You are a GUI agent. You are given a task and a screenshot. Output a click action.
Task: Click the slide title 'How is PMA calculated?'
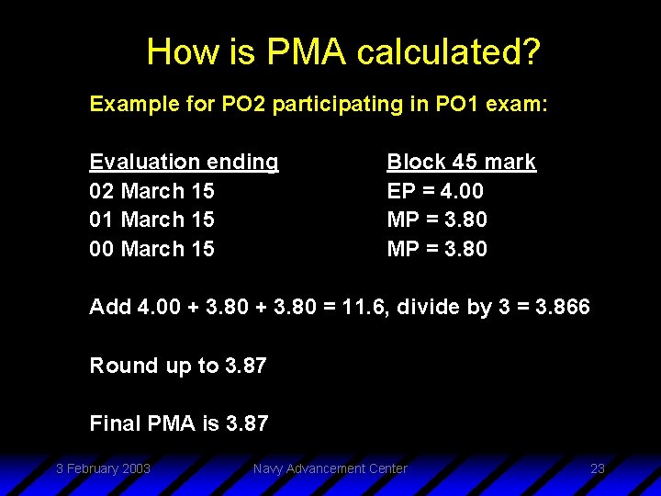pos(343,51)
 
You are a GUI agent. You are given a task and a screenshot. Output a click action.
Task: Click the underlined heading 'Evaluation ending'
pos(184,162)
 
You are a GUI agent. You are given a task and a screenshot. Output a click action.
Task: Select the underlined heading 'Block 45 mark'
pos(461,162)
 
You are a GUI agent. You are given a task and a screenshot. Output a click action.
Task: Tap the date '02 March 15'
pos(151,191)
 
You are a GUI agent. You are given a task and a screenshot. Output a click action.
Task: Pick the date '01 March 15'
pos(151,220)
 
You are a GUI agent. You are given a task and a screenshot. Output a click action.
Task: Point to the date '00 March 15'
pos(151,249)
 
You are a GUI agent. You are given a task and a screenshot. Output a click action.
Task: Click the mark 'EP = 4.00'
pos(435,191)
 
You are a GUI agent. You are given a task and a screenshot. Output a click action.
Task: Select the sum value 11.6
pos(368,307)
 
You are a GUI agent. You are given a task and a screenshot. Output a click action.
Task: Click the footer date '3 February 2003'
pos(103,468)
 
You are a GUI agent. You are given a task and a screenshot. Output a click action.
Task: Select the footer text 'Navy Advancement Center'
pos(330,468)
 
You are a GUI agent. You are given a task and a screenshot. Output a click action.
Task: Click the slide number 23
pos(598,468)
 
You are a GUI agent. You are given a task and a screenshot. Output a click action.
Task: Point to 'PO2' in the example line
pos(242,104)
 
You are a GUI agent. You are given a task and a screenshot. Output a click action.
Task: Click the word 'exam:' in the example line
pos(521,104)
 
